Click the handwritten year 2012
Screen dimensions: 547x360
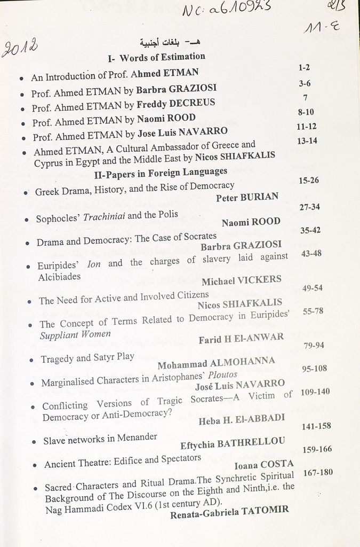20,48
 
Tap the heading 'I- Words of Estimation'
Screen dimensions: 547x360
156,57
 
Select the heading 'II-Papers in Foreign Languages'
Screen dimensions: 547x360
161,173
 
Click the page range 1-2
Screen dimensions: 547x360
304,68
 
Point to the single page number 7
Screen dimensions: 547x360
305,97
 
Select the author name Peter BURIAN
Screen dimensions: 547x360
247,197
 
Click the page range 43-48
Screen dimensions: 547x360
311,253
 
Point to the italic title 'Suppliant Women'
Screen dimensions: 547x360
75,335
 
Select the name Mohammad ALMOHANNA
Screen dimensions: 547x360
216,363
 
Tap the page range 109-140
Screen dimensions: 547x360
315,392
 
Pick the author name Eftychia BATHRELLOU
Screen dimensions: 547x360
233,443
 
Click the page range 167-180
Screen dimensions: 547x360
317,472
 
